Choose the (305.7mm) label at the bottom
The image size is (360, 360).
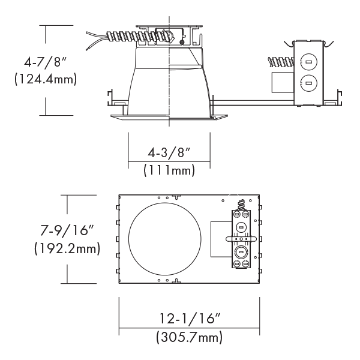pyautogui.click(x=190, y=338)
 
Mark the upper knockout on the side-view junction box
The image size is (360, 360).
pyautogui.click(x=308, y=62)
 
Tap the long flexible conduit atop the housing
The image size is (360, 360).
pyautogui.click(x=120, y=36)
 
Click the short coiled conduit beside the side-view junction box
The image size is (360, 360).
pyautogui.click(x=280, y=61)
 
